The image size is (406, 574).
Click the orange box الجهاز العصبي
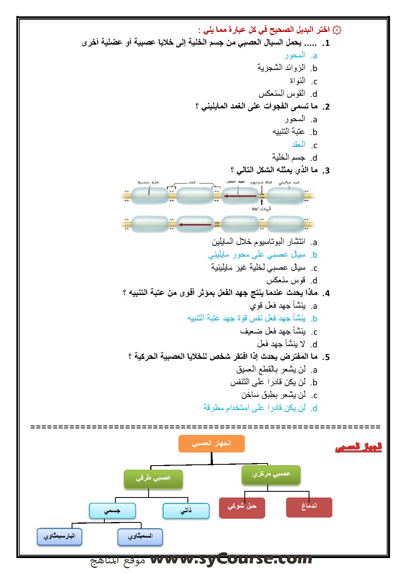click(212, 443)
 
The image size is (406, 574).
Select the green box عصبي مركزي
click(271, 474)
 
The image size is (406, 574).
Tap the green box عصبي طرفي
click(153, 478)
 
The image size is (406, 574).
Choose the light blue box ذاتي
click(186, 511)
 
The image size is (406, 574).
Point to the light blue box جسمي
click(112, 511)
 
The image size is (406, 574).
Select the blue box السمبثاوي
click(140, 536)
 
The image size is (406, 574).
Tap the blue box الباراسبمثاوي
click(60, 536)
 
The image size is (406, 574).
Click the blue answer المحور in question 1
click(295, 55)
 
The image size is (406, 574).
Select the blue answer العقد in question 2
click(298, 145)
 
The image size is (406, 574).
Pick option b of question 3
click(257, 255)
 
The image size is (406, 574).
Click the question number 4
click(326, 293)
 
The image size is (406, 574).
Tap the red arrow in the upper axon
click(240, 196)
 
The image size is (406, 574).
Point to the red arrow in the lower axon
click(194, 224)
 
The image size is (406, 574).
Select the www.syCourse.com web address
click(231, 558)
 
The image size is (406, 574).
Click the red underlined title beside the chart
click(359, 447)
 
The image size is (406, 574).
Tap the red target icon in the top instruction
click(336, 30)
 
